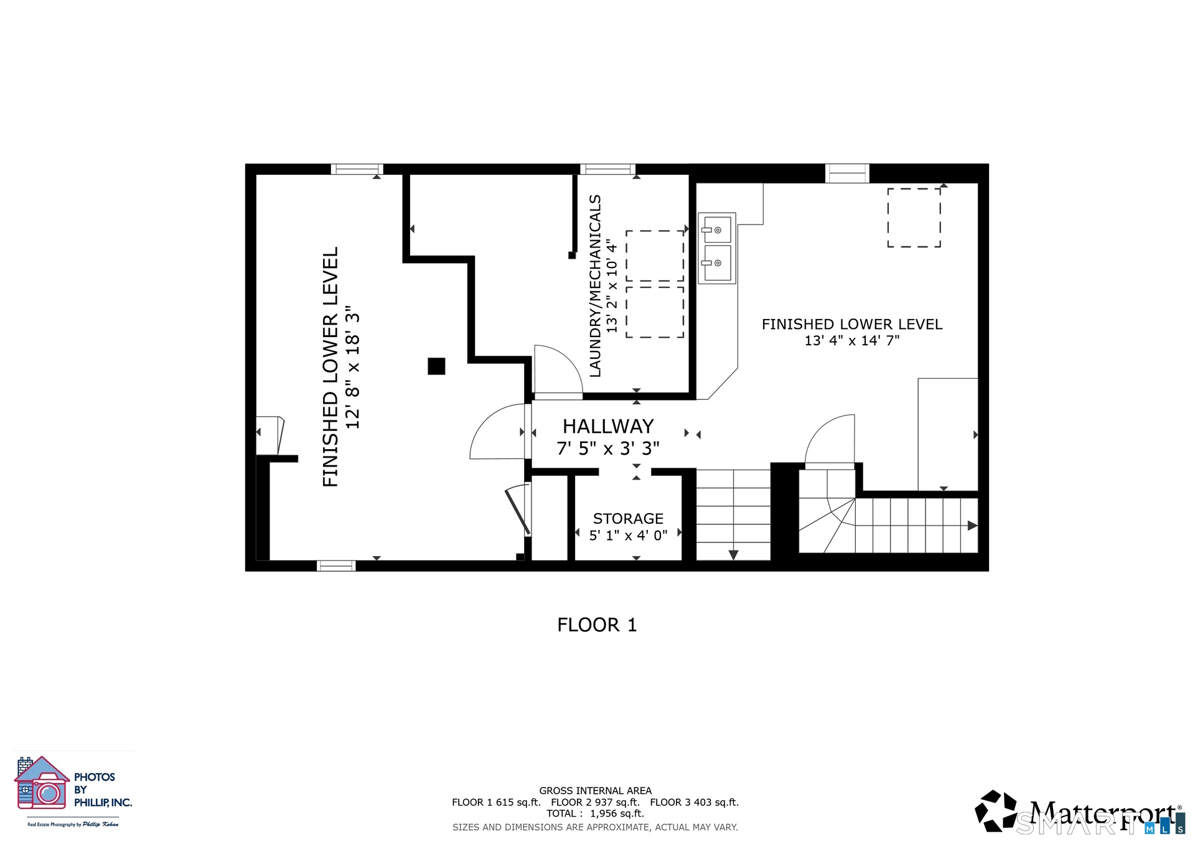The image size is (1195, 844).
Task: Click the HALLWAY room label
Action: coord(608,427)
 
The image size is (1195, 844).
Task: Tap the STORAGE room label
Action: coord(628,519)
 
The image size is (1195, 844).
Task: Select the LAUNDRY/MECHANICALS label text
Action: coord(596,285)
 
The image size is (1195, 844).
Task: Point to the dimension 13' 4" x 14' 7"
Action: coord(852,341)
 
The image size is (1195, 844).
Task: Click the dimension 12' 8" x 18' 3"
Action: coord(353,367)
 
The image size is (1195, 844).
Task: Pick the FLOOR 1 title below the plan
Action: coord(597,625)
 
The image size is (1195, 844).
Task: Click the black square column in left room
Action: coord(436,366)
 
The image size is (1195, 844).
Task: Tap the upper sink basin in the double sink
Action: coord(717,230)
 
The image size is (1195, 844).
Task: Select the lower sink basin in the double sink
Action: coord(717,263)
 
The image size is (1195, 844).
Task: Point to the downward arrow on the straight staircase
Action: coord(733,555)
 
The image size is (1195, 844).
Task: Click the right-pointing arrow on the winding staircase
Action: coord(972,526)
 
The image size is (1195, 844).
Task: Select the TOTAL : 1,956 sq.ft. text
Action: coord(595,814)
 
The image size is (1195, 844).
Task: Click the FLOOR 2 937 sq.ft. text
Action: coord(595,802)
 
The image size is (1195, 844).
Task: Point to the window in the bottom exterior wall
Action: coord(336,565)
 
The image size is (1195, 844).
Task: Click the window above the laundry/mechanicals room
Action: coord(608,169)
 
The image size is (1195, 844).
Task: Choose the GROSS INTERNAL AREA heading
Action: coord(596,791)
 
